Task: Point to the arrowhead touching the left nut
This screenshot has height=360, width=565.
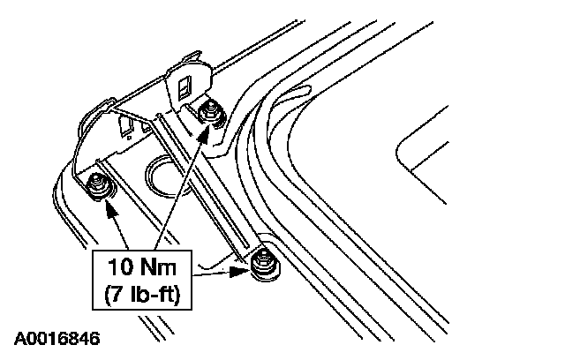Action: [x=109, y=208]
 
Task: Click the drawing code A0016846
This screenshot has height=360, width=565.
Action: [x=56, y=338]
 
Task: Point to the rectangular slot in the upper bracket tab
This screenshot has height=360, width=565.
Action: [x=185, y=86]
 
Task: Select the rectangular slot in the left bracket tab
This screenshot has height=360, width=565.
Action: [x=126, y=129]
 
